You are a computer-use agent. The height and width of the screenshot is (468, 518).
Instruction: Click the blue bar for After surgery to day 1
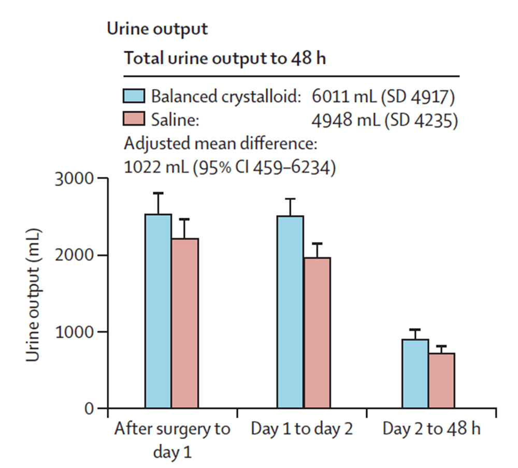click(x=158, y=311)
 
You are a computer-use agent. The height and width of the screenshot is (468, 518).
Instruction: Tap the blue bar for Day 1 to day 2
click(x=290, y=311)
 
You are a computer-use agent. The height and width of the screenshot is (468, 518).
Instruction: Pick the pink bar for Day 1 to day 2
click(x=317, y=332)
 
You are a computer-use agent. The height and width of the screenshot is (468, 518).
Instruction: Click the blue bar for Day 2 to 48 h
click(x=415, y=374)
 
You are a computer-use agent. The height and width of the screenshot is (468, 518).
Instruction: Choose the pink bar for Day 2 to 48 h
click(x=441, y=380)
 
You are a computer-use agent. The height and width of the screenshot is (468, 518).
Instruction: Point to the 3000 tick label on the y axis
click(x=74, y=179)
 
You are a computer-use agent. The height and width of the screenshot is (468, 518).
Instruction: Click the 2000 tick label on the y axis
click(x=74, y=256)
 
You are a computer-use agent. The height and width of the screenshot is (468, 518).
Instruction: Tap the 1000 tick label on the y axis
click(x=74, y=332)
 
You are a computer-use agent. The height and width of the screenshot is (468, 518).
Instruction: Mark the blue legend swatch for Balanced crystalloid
click(x=134, y=96)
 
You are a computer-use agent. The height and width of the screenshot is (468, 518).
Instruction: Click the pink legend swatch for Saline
click(x=134, y=120)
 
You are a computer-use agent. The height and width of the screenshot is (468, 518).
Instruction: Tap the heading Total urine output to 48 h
click(x=225, y=58)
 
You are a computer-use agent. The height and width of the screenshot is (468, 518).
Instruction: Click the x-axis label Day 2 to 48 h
click(x=431, y=430)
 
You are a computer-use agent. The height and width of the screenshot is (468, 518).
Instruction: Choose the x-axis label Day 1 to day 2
click(x=302, y=430)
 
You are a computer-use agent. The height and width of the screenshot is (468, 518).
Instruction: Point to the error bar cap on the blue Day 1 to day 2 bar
click(x=290, y=199)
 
